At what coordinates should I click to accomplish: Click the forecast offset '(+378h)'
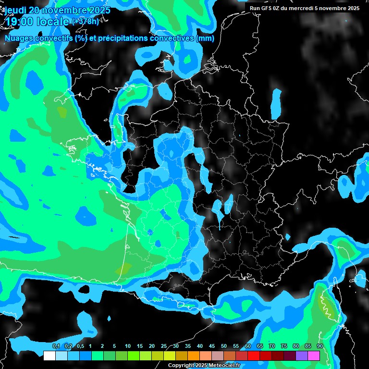coord(85,22)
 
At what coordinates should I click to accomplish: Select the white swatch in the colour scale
coord(49,356)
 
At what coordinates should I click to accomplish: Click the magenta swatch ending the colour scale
coord(314,356)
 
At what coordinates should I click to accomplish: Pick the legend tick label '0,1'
coord(56,346)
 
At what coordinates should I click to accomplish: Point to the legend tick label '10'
coord(128,346)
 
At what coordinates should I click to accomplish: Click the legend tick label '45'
coord(212,346)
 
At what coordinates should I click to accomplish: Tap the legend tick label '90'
coord(320,346)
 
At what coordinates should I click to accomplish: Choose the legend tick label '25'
coord(164,346)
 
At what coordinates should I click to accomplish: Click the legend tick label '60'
coord(248,346)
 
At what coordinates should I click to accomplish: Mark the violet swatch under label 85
coord(302,356)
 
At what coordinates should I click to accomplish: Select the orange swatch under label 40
coord(194,356)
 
